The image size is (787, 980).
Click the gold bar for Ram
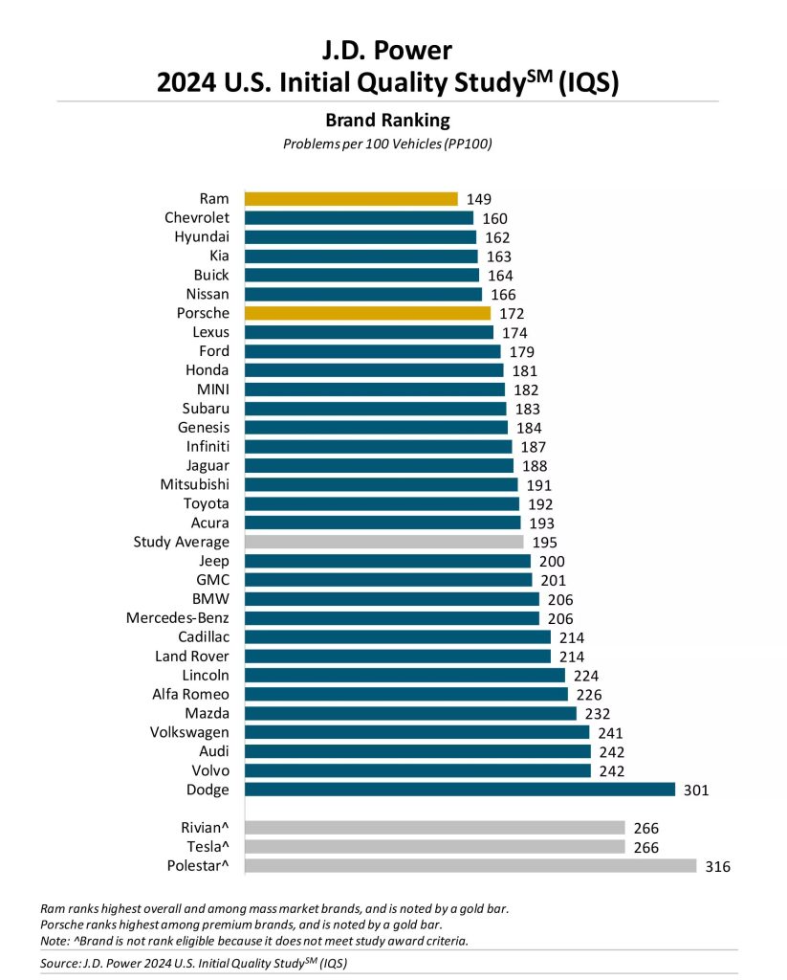pos(351,199)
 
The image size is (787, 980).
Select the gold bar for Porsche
pos(367,313)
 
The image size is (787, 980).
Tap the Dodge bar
pos(460,790)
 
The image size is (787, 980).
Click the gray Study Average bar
pos(387,542)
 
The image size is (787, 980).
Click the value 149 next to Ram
pos(478,199)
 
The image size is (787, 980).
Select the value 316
pos(716,867)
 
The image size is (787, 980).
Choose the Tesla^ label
pos(204,847)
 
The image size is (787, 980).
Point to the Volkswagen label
pos(189,732)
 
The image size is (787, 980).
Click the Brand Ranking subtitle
pos(387,121)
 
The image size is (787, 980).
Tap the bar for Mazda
pos(410,713)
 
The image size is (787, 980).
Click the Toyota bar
pos(382,503)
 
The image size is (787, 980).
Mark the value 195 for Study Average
pos(544,543)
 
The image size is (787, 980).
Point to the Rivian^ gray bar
pos(435,828)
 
